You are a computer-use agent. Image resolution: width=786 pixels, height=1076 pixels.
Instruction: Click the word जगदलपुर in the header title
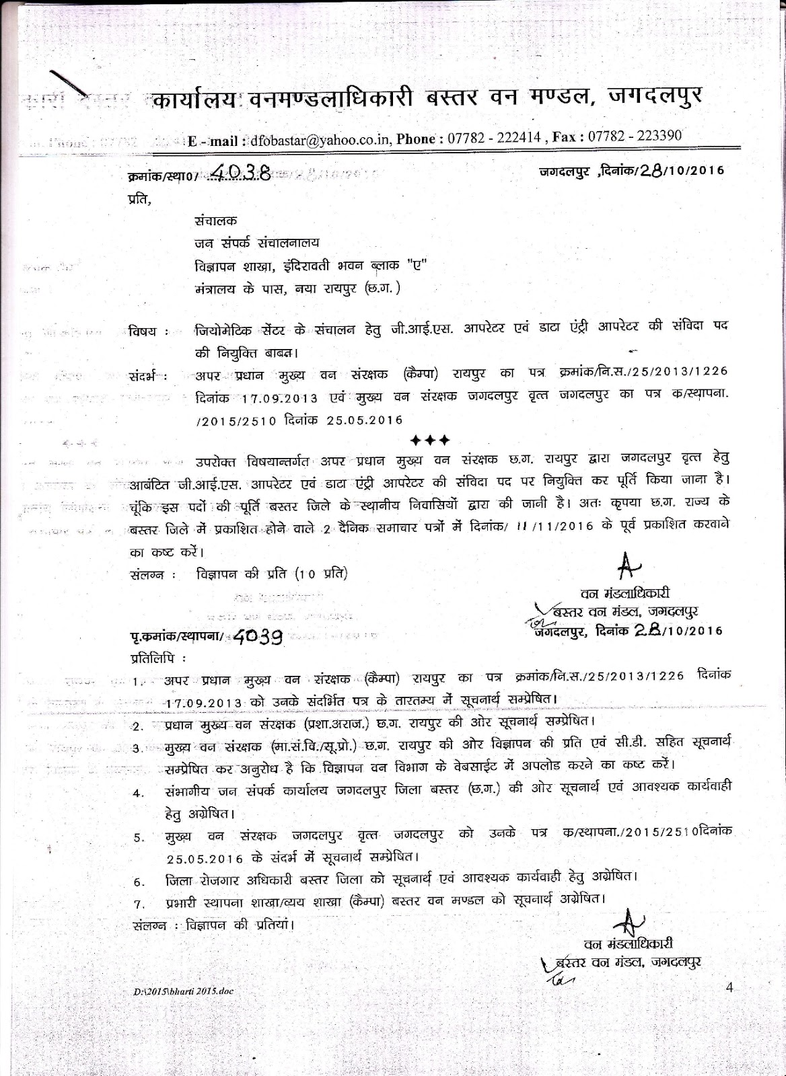click(x=655, y=96)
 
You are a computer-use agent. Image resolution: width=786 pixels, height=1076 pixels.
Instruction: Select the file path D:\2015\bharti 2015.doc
click(x=183, y=991)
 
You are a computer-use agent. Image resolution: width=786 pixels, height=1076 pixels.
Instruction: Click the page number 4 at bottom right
click(x=731, y=987)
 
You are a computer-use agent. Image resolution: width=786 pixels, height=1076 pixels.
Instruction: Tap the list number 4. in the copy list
click(x=138, y=793)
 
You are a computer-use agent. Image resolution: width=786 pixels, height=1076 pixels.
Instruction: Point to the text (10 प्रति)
click(x=322, y=574)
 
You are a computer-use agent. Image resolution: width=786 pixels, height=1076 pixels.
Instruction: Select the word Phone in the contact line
click(x=419, y=139)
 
